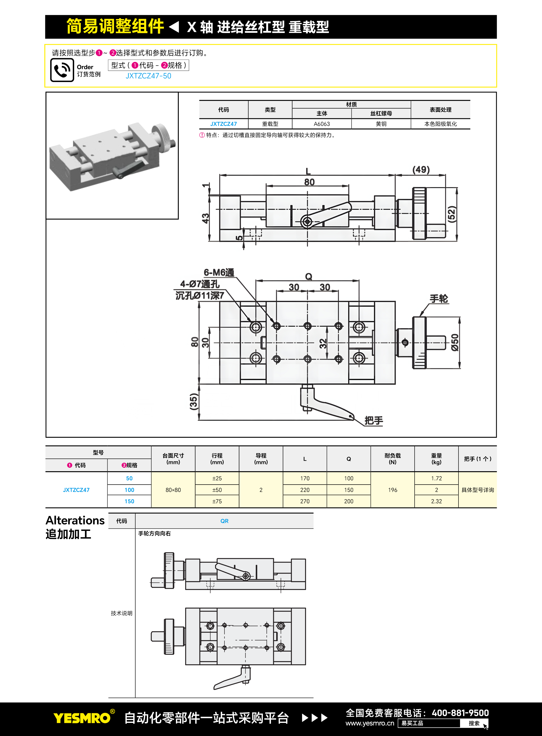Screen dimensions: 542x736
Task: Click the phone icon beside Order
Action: pos(62,70)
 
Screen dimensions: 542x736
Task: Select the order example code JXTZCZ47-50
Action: pos(148,76)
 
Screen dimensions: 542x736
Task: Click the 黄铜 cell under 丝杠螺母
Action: pos(381,124)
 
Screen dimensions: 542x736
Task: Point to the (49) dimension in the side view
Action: pos(421,169)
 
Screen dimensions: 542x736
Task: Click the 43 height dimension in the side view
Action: pos(205,218)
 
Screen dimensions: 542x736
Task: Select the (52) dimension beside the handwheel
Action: pos(452,214)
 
